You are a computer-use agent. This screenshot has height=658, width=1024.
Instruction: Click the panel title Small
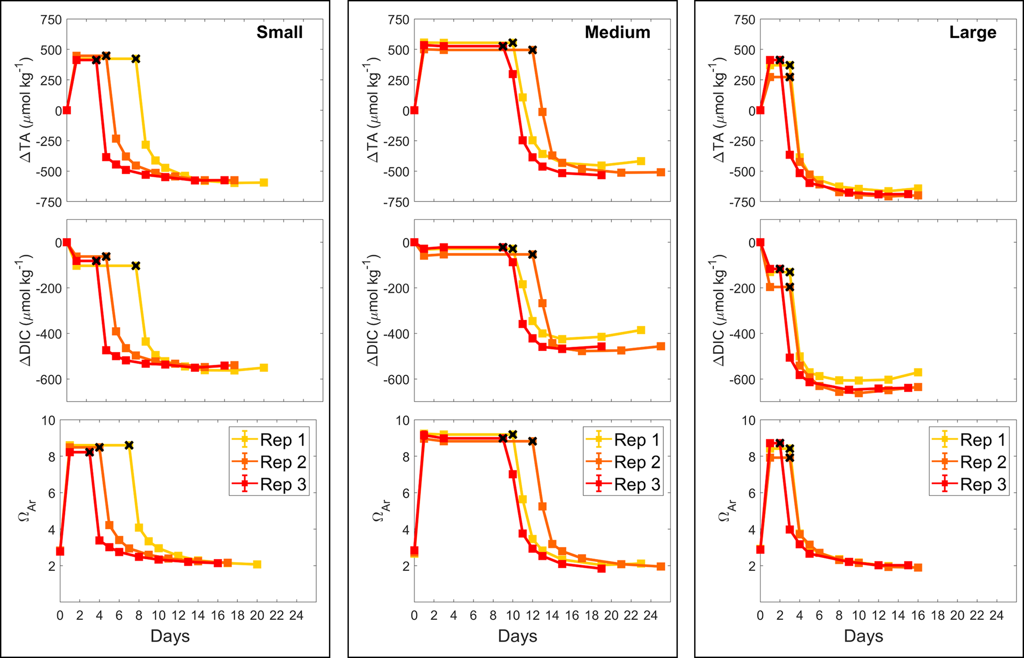(x=279, y=32)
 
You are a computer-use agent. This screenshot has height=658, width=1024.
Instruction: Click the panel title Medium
(x=617, y=32)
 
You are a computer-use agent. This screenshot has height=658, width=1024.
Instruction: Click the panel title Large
(x=972, y=32)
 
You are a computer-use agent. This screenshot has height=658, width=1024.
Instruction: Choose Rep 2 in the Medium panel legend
(x=637, y=462)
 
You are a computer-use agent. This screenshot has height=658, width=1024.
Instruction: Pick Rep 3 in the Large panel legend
(x=983, y=484)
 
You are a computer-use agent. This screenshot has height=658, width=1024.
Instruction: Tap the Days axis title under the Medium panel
(x=517, y=636)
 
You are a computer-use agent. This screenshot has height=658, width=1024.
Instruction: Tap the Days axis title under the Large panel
(x=863, y=636)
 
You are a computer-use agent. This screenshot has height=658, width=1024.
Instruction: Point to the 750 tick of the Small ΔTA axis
(x=52, y=20)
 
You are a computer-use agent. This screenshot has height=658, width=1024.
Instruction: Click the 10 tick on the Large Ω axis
(x=749, y=421)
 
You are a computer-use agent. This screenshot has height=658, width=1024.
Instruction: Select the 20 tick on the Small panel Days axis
(x=257, y=615)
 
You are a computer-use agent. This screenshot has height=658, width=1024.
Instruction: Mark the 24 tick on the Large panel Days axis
(x=996, y=615)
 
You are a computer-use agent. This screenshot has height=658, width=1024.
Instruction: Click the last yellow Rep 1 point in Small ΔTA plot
(x=264, y=183)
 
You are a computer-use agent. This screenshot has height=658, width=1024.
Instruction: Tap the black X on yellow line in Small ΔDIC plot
(x=136, y=266)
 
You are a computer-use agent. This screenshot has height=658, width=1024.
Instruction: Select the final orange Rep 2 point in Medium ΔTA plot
(x=660, y=172)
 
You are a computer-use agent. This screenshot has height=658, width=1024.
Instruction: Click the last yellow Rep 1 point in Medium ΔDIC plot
(x=641, y=330)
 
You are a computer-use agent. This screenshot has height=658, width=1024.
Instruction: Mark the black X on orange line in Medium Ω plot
(x=532, y=441)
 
